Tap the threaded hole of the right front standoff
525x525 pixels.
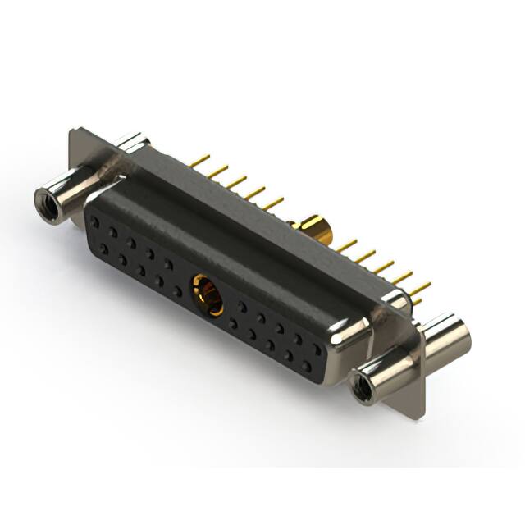[362, 382]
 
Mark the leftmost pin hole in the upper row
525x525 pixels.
[96, 222]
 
